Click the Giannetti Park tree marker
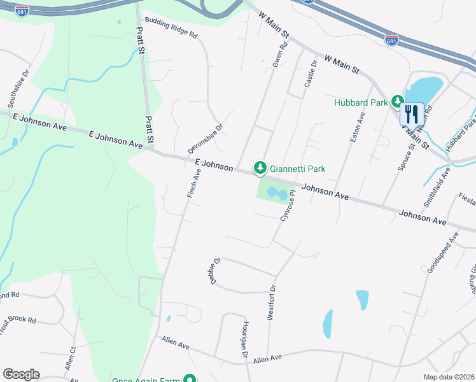pyautogui.click(x=260, y=168)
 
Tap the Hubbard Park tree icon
pyautogui.click(x=398, y=102)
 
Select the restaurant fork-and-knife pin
pyautogui.click(x=411, y=115)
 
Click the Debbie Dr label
pyautogui.click(x=213, y=271)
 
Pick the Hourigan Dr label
pyautogui.click(x=244, y=339)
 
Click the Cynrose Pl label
pyautogui.click(x=288, y=205)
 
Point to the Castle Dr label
pyautogui.click(x=310, y=75)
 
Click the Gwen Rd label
pyautogui.click(x=279, y=55)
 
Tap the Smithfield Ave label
pyautogui.click(x=440, y=181)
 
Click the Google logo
pyautogui.click(x=21, y=374)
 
